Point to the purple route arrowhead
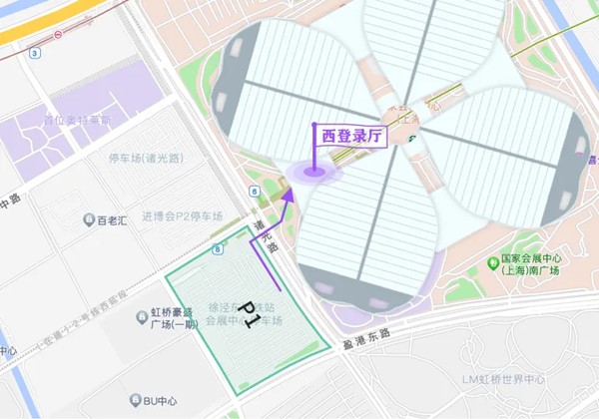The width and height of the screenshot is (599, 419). pos(289,198)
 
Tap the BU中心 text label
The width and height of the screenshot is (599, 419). pos(159,401)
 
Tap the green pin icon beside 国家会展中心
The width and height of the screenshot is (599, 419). pos(492,264)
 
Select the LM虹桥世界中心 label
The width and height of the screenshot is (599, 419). pos(502,379)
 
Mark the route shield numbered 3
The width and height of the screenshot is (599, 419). pos(35,52)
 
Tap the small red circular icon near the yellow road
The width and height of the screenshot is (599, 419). pos(59,33)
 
